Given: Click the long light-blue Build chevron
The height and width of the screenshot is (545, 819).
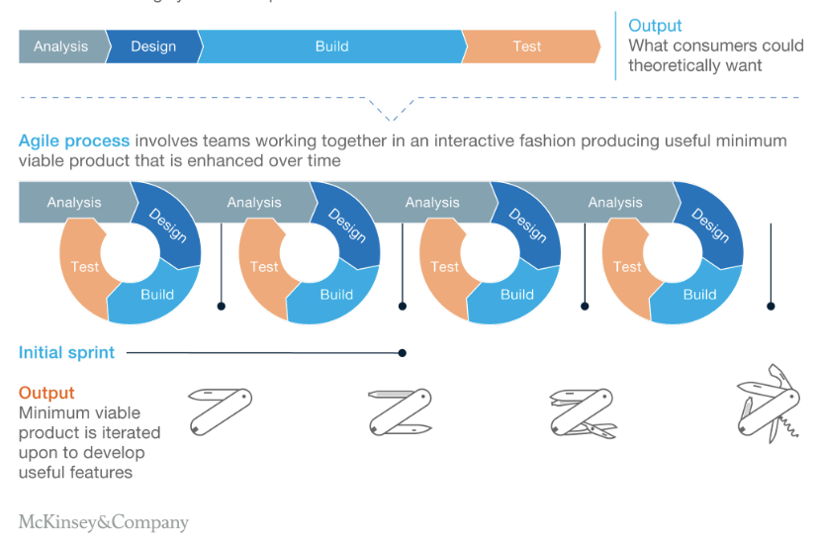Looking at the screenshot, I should click(x=331, y=46).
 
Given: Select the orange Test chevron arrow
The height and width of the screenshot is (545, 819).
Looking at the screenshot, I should click(x=528, y=46).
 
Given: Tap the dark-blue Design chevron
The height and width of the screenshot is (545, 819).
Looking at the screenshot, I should click(x=152, y=46).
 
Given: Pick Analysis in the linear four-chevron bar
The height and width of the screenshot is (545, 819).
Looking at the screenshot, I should click(x=61, y=46).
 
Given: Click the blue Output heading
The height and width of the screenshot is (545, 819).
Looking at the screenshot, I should click(x=655, y=26).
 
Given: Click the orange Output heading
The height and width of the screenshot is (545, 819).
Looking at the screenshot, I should click(x=46, y=393).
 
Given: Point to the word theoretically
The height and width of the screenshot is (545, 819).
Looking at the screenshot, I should click(x=671, y=65).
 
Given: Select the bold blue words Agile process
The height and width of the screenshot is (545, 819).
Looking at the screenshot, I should click(x=74, y=140).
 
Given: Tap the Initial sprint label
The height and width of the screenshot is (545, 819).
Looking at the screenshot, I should click(x=66, y=352).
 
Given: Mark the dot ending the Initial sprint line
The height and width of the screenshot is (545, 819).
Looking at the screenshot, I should click(x=402, y=352).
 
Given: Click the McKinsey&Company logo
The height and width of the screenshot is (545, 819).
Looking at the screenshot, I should click(x=103, y=522).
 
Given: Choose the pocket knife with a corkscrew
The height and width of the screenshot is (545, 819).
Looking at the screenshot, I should click(x=768, y=403).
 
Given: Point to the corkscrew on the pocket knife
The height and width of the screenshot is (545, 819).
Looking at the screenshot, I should click(x=787, y=426).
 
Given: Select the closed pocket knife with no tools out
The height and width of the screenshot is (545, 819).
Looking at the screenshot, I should click(x=220, y=410).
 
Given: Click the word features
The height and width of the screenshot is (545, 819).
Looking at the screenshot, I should click(x=100, y=472).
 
